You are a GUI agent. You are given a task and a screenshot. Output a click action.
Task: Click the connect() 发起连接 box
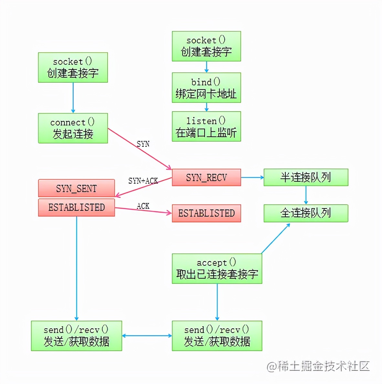73,128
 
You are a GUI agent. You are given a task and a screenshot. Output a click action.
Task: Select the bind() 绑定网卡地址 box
206,88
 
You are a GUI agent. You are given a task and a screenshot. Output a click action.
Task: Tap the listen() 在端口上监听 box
206,126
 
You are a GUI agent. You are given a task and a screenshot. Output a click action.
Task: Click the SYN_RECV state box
206,177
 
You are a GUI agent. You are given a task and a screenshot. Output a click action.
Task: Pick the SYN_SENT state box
76,188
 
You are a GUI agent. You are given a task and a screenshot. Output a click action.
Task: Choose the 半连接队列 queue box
306,177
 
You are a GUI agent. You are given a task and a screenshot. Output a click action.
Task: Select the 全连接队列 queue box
306,213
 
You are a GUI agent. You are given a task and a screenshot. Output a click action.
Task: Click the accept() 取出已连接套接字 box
217,269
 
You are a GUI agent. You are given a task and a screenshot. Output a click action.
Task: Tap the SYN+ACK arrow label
143,181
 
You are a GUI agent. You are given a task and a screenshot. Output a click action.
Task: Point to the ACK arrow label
143,206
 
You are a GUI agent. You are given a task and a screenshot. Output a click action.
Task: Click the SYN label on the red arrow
143,144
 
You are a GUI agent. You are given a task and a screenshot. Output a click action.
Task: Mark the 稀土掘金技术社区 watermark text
318,366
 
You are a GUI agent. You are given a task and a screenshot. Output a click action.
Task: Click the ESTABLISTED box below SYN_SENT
76,207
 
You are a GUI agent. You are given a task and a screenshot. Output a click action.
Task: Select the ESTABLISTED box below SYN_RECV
206,213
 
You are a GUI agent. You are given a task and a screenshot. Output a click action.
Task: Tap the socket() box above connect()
73,67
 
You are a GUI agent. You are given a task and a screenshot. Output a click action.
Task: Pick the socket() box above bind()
206,46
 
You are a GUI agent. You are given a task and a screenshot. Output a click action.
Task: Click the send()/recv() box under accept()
217,336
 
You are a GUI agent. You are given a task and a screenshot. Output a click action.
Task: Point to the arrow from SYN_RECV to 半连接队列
252,177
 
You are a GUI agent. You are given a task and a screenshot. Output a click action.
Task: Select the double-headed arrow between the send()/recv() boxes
147,336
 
